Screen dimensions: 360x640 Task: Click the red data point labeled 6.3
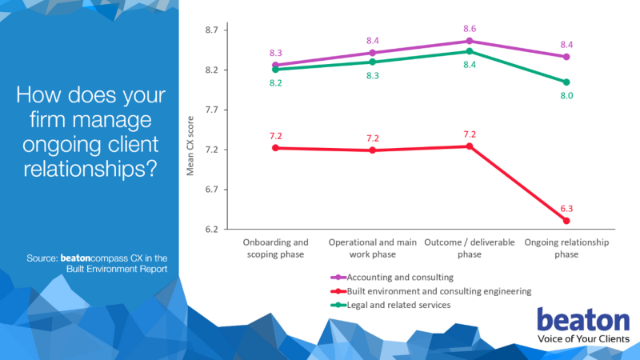pos(566,221)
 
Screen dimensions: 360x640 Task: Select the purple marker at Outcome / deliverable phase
pos(470,41)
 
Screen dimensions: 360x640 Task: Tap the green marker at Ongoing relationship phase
pos(566,82)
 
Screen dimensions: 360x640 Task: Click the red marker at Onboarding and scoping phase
pos(275,148)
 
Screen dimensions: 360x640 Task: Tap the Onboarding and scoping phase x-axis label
pos(275,248)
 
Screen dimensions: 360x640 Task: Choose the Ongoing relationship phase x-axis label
pos(566,248)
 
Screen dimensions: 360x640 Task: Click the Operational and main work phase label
pos(372,248)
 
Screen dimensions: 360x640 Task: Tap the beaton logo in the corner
pos(583,322)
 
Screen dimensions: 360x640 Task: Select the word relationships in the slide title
pos(90,170)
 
